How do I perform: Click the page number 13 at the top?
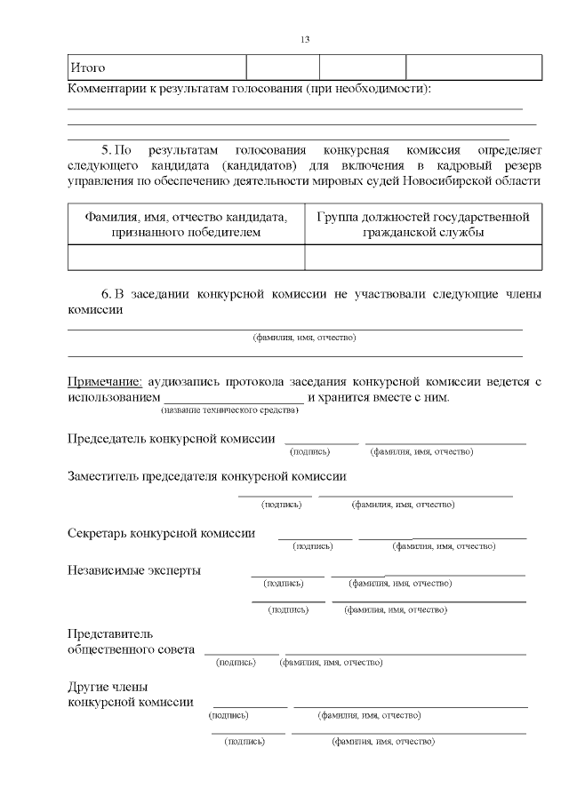[305, 39]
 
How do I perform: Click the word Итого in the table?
[88, 68]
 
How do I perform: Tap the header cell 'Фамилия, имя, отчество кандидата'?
[186, 224]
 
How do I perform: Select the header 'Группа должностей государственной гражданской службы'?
[423, 224]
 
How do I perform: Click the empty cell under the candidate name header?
[186, 257]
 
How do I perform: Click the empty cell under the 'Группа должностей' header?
[423, 257]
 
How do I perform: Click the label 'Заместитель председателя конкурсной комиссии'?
[206, 476]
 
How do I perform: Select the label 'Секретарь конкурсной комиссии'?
[161, 533]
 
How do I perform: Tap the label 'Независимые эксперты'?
[133, 570]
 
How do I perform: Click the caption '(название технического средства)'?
[229, 410]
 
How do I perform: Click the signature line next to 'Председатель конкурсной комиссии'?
[321, 442]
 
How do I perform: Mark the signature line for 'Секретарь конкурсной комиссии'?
[315, 537]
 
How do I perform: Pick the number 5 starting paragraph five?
[105, 150]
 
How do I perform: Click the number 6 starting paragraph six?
[105, 294]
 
